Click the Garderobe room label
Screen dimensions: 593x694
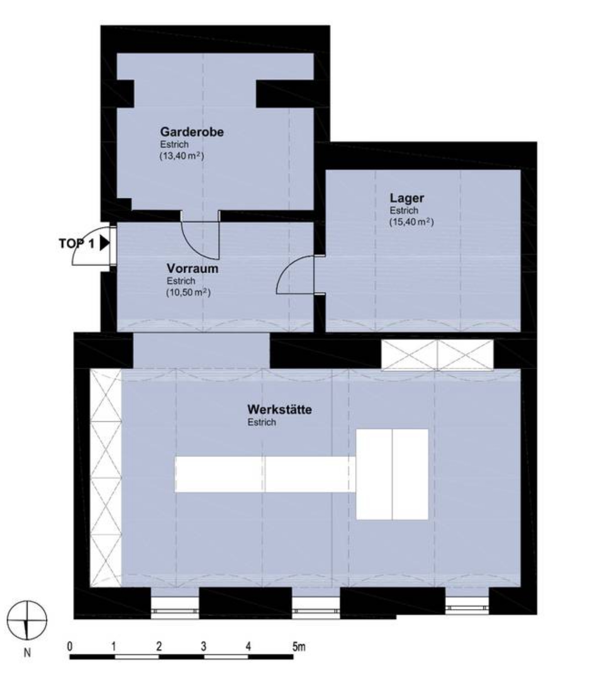pyautogui.click(x=192, y=132)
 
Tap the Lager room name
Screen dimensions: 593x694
pyautogui.click(x=406, y=198)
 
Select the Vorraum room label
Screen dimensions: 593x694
pyautogui.click(x=192, y=268)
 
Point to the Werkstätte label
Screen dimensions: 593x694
pyautogui.click(x=280, y=409)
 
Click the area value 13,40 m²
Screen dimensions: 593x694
pyautogui.click(x=182, y=156)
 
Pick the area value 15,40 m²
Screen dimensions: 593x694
pyautogui.click(x=411, y=222)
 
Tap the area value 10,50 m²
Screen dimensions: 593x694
pyautogui.click(x=188, y=292)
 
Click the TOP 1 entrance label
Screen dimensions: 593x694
pyautogui.click(x=77, y=244)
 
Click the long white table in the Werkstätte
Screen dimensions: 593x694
pyautogui.click(x=265, y=474)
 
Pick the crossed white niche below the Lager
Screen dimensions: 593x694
pyautogui.click(x=437, y=355)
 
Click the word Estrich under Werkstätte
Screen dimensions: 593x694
pyautogui.click(x=262, y=422)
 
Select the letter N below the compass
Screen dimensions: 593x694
pyautogui.click(x=27, y=653)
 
